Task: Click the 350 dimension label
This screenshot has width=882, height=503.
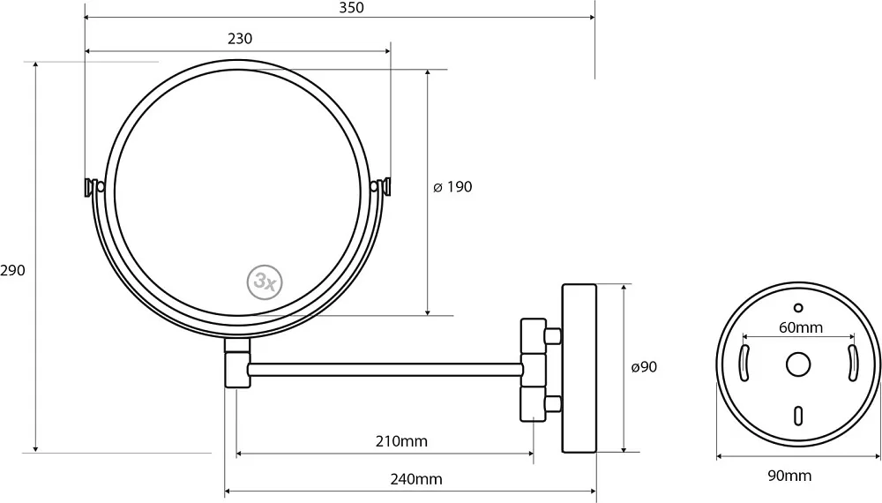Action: (x=352, y=8)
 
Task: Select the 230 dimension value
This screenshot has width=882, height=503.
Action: (x=240, y=39)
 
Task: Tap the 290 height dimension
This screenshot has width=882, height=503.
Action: (x=12, y=271)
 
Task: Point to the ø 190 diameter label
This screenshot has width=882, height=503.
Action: (x=452, y=187)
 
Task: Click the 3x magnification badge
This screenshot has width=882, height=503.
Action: (x=265, y=282)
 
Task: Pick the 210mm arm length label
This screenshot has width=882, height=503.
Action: (x=401, y=441)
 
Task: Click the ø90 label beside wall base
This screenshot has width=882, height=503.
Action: (x=644, y=367)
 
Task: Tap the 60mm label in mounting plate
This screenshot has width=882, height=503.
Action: (x=801, y=327)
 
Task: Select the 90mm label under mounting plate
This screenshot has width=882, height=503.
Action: (x=789, y=476)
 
